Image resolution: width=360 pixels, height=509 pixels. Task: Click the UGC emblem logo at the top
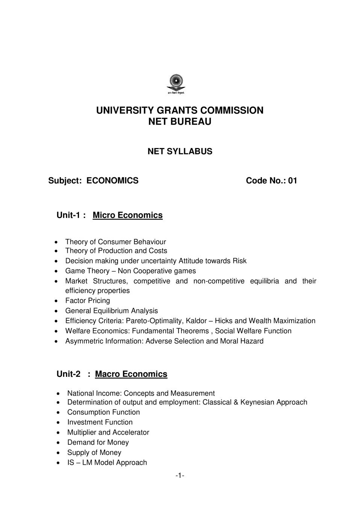point(176,84)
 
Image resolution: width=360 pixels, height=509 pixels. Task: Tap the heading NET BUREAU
point(180,122)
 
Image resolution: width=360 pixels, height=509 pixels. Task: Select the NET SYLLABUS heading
point(180,151)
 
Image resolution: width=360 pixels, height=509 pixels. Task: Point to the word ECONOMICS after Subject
point(112,181)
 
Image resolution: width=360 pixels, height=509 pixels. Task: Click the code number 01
point(292,181)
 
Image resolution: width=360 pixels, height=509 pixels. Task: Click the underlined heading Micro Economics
point(127,215)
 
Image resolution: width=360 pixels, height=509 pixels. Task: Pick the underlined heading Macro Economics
point(131,374)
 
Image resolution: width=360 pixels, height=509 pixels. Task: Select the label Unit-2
point(68,374)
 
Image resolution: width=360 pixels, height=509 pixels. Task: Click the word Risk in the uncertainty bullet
point(239,261)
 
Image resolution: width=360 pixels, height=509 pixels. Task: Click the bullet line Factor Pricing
point(88,301)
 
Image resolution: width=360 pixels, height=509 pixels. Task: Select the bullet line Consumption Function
point(103,412)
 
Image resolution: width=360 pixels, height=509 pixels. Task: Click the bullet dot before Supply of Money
point(58,453)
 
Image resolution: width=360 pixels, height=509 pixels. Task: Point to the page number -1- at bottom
point(180,476)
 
